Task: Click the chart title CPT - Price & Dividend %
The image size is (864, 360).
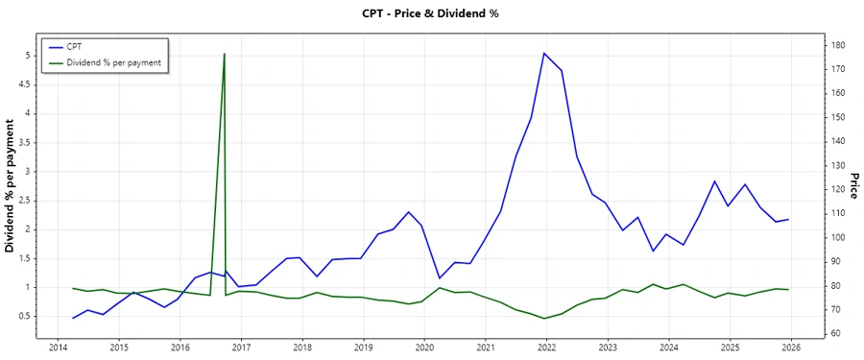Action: click(431, 13)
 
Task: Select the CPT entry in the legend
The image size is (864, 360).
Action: click(73, 46)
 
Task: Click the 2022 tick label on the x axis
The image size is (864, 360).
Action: click(546, 348)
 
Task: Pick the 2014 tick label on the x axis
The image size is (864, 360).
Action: click(57, 348)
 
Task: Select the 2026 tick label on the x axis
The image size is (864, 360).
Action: click(791, 348)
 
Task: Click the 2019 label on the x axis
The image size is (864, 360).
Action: click(363, 348)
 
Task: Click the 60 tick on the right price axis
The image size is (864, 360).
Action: click(836, 333)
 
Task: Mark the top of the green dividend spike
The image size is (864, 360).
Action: click(224, 54)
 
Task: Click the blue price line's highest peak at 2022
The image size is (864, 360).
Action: click(544, 53)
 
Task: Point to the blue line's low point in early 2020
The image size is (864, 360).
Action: click(439, 278)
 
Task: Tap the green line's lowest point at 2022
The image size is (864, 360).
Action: click(544, 318)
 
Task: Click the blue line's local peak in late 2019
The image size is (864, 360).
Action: click(408, 212)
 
